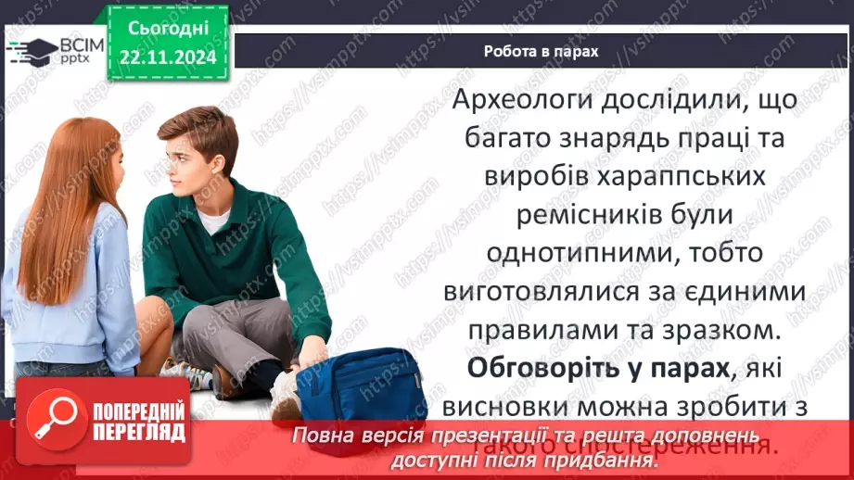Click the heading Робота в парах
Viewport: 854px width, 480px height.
(541, 52)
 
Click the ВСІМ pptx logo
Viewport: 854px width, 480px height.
(56, 49)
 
